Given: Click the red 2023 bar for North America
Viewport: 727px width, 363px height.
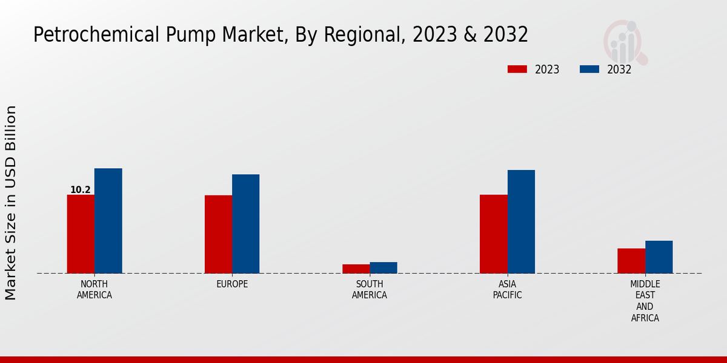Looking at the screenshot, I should click(x=81, y=234).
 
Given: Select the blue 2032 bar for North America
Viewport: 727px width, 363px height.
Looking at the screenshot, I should click(x=108, y=221).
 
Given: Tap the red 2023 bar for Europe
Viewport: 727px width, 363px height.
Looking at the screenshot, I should click(x=218, y=234).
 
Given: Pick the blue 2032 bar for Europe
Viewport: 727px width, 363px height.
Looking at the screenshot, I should click(x=246, y=224).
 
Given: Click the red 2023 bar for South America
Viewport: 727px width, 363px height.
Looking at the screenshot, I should click(x=356, y=269).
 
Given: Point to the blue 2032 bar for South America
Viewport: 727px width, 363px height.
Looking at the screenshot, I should click(x=383, y=267).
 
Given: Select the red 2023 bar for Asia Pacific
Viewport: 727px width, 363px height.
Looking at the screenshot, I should click(x=493, y=234).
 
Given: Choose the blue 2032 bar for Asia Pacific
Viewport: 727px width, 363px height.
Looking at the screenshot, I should click(x=521, y=221).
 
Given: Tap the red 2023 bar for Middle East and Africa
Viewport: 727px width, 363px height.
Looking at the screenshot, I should click(x=631, y=261).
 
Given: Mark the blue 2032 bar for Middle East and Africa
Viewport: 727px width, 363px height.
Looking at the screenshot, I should click(x=659, y=257).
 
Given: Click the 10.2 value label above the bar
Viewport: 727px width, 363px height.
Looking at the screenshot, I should click(x=81, y=190).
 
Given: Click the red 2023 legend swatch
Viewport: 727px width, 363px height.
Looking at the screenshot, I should click(x=517, y=70).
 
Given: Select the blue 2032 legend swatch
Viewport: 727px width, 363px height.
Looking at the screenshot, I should click(x=589, y=70).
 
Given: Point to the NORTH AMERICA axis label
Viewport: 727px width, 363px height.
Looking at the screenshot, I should click(x=95, y=290).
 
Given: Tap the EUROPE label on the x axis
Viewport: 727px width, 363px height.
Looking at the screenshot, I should click(x=232, y=284).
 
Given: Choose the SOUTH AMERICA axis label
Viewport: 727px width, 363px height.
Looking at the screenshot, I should click(x=370, y=290).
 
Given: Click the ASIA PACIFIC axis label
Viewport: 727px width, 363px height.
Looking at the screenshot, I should click(x=507, y=290).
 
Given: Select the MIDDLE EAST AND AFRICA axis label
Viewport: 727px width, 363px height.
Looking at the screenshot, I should click(x=645, y=301).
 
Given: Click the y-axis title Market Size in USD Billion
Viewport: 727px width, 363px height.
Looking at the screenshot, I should click(x=11, y=203).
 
